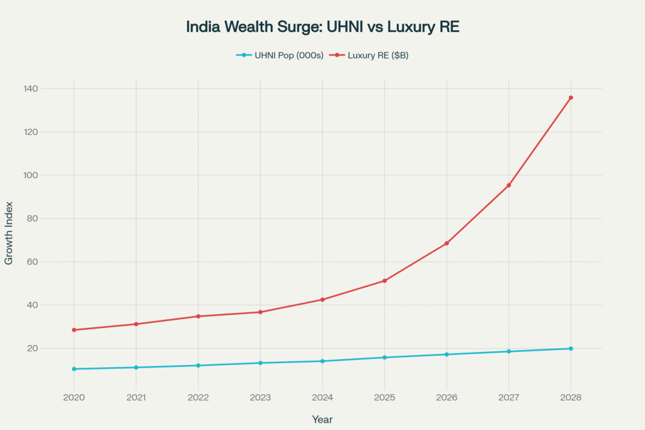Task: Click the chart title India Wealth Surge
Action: point(322,28)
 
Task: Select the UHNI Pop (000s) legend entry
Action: point(280,55)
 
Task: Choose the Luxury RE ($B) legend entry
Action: point(374,55)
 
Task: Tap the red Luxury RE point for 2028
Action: point(571,98)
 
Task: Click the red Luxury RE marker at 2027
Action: point(508,185)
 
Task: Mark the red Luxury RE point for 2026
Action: point(447,243)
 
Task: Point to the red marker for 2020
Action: point(74,330)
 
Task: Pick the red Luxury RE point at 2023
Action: point(260,312)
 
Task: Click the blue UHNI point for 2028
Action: point(571,348)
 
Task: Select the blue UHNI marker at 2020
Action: point(74,369)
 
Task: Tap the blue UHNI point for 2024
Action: point(322,361)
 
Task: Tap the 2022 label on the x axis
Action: point(198,398)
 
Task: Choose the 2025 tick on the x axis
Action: point(384,398)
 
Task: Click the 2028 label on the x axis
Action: point(571,398)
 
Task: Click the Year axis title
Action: point(322,419)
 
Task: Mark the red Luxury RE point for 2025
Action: point(384,281)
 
